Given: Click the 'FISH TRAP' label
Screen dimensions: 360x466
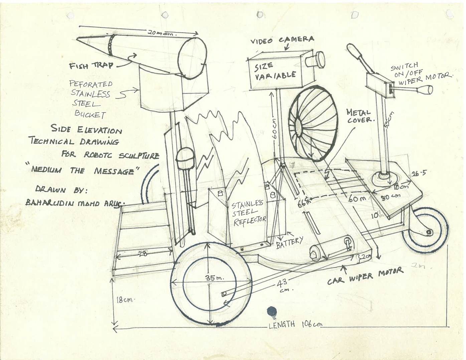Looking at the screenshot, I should tap(91, 65).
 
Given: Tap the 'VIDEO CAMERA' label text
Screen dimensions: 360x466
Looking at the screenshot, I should tap(282, 40).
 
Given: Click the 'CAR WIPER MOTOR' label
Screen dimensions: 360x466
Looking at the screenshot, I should tap(365, 276).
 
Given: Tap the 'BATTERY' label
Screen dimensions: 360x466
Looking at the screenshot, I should tap(289, 242).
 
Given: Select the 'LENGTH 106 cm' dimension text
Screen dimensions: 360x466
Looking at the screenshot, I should tap(295, 324).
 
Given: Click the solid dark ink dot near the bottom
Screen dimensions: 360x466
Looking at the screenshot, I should tap(272, 312).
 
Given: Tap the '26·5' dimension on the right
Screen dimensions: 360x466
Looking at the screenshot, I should tap(419, 173).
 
